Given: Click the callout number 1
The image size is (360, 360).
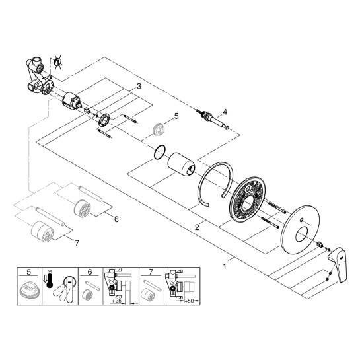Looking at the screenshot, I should (226, 267).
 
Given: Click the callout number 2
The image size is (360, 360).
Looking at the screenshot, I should (197, 227).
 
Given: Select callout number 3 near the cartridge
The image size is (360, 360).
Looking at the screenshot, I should (139, 87).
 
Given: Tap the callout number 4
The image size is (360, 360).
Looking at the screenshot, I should (225, 112).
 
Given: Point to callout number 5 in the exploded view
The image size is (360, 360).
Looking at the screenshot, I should (176, 116).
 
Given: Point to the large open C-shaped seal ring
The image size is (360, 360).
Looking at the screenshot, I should (218, 185).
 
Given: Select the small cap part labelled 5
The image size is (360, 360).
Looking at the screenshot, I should (159, 129).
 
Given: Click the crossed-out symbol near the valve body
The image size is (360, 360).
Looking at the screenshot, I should (58, 63).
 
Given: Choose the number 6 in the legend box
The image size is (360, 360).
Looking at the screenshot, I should (88, 271).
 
